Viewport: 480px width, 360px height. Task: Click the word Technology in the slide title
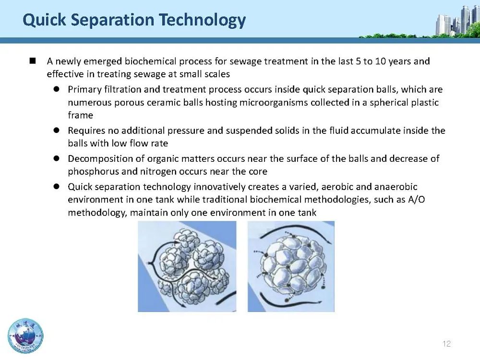(x=203, y=20)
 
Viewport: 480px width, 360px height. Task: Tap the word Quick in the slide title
(x=44, y=20)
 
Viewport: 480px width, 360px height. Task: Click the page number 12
(x=446, y=344)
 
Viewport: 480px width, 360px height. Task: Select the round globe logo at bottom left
(x=25, y=336)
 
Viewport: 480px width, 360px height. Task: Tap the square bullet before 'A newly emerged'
(x=33, y=61)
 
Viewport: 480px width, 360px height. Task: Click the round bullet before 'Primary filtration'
(x=56, y=89)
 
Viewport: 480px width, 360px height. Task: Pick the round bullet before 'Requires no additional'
(x=56, y=130)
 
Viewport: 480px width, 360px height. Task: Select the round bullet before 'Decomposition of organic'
(x=56, y=158)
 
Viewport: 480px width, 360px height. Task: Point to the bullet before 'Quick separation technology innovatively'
(x=56, y=186)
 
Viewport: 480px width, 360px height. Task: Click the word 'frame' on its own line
(x=81, y=115)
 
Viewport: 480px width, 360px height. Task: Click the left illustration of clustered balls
(x=187, y=266)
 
